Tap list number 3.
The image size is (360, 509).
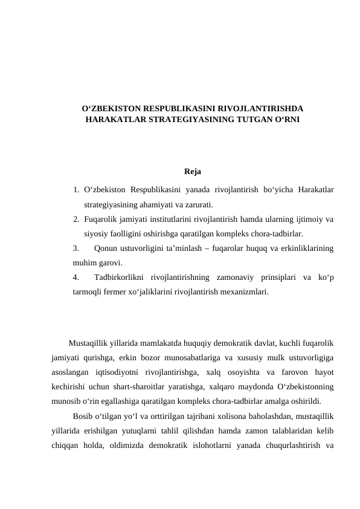(76, 247)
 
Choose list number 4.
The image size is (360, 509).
(76, 277)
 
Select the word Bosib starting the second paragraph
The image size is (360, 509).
(82, 416)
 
